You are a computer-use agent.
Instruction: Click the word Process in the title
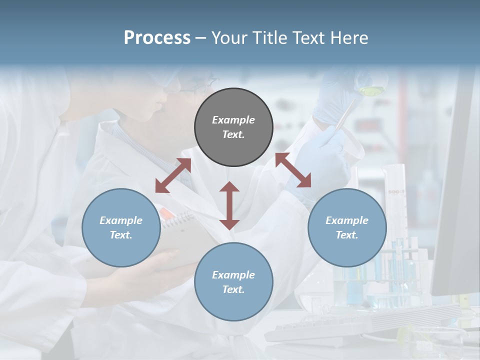(157, 38)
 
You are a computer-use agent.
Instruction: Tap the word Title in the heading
(267, 38)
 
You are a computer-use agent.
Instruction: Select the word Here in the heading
(348, 38)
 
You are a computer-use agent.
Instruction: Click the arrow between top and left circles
(173, 175)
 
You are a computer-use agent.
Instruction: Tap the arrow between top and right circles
(293, 170)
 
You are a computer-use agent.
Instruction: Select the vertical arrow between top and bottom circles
(229, 205)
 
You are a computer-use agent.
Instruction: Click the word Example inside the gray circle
(233, 120)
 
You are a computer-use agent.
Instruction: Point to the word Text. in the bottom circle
(233, 289)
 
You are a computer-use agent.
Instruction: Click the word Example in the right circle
(347, 220)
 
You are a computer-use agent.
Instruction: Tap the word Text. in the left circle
(121, 235)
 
